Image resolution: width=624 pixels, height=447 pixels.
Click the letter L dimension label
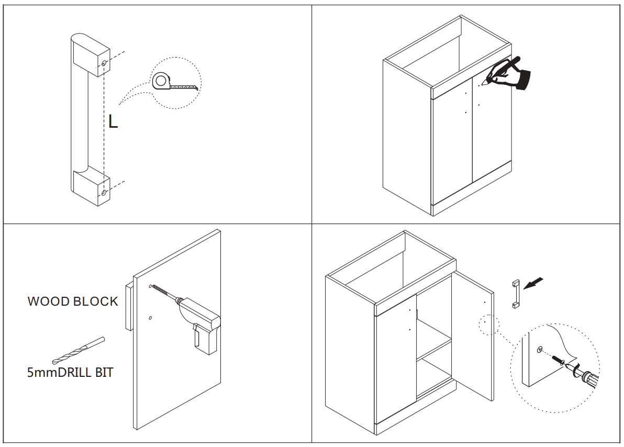113,121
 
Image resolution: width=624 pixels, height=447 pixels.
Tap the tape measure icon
174,82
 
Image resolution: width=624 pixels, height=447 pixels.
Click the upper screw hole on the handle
104,63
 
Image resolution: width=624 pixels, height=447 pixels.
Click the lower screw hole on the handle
104,193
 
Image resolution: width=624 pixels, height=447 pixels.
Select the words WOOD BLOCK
73,301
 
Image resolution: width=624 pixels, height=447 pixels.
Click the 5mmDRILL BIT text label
71,372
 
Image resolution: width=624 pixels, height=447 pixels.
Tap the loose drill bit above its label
79,351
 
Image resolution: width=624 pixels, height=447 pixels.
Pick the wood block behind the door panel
129,307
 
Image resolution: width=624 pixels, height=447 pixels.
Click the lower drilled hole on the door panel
150,318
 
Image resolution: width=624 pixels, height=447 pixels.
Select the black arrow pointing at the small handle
533,283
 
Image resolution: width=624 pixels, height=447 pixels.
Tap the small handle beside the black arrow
516,294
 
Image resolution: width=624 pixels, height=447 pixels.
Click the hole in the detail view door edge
540,350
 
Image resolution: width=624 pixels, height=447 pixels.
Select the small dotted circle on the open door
489,325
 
